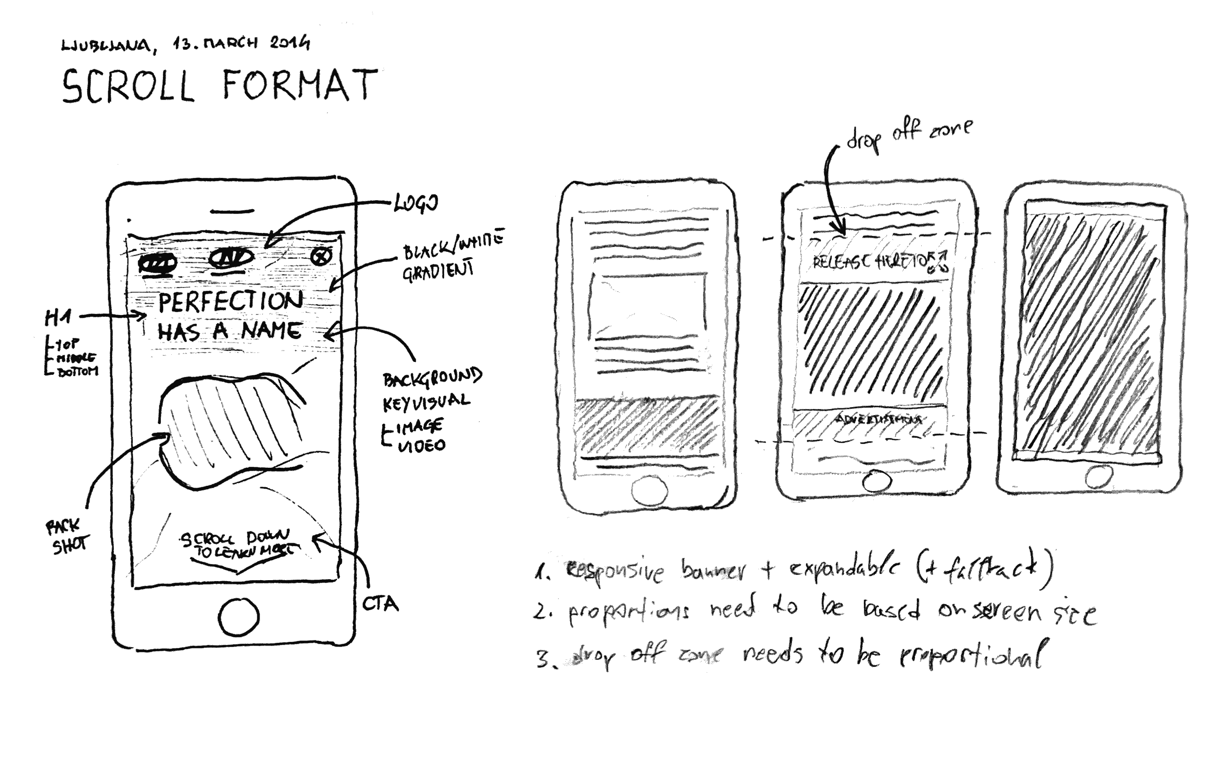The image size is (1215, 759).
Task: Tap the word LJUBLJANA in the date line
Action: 105,45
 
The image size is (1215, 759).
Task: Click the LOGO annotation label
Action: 416,203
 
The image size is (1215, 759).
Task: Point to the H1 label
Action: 58,317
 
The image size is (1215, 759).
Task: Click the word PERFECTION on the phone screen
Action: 231,302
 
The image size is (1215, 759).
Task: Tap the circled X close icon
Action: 321,256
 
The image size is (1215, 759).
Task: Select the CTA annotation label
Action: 380,604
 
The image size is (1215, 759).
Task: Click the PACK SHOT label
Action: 67,537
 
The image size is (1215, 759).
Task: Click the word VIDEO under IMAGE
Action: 422,446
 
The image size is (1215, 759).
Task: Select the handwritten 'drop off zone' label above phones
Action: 909,134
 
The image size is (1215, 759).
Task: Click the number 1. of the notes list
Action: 542,573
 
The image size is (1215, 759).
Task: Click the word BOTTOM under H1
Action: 77,372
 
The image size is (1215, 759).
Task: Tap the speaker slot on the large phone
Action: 232,212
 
